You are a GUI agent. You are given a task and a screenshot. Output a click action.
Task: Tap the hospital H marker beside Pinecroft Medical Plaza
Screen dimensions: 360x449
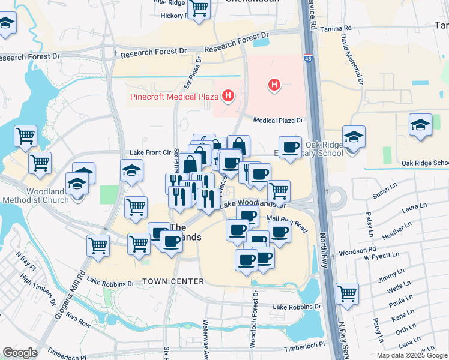coord(228,95)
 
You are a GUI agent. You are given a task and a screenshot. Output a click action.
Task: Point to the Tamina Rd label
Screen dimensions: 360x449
coord(337,28)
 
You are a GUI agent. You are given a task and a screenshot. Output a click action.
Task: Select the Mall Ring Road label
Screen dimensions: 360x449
coord(287,224)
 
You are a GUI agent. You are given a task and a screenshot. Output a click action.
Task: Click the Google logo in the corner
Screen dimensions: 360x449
coord(20,353)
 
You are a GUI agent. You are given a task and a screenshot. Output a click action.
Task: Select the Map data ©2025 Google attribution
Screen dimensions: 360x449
coord(411,355)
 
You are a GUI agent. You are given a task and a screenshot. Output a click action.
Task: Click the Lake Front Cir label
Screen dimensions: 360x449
coord(151,152)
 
